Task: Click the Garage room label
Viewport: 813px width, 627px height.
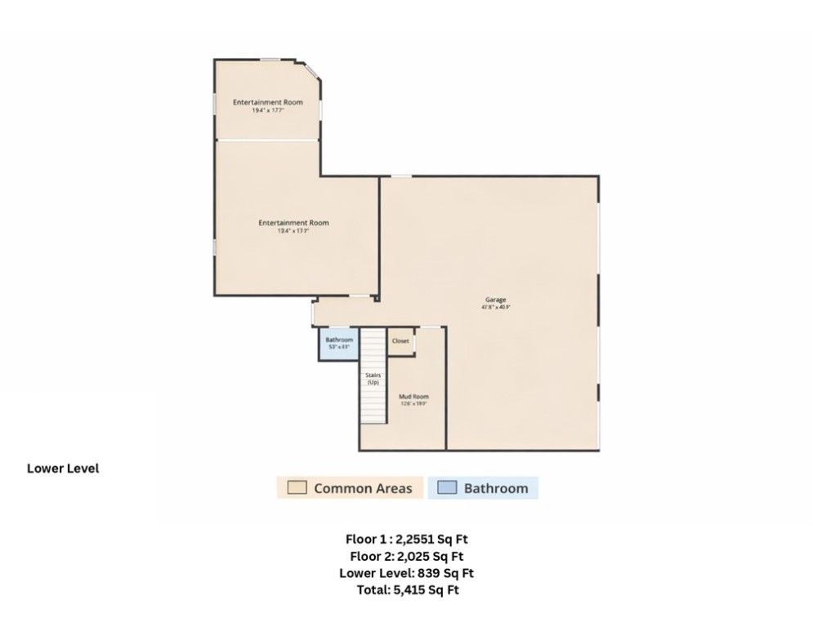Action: pos(496,300)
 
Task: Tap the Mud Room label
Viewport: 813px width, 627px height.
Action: pos(413,396)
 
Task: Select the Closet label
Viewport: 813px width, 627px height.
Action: pos(400,341)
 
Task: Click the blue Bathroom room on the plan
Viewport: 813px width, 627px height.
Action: pos(339,344)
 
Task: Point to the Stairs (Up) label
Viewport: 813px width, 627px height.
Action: pos(373,378)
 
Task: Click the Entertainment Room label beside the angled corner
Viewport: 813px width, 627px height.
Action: pos(268,102)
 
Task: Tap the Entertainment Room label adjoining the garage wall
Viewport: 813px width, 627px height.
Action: pos(294,223)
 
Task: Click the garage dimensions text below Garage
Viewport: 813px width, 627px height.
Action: pos(496,308)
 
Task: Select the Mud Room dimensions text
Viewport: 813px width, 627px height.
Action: pos(413,403)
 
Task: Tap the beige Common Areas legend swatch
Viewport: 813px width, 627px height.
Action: pos(297,488)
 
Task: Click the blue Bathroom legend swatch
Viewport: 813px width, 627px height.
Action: pos(447,488)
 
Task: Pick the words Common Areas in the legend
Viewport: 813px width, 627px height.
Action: pos(363,489)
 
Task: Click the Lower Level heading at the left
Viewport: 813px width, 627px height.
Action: pos(63,469)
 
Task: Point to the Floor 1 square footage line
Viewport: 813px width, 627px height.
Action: pos(406,539)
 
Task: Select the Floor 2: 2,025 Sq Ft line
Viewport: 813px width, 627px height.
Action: pos(406,556)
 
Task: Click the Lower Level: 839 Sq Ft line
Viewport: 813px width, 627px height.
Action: pos(406,573)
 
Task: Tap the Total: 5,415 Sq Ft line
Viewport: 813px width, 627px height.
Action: pos(406,590)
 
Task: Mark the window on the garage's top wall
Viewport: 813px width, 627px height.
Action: pos(400,176)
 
